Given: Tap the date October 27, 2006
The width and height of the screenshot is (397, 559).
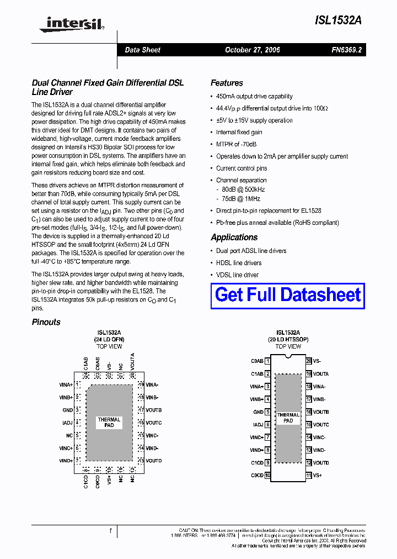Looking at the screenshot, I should (252, 50).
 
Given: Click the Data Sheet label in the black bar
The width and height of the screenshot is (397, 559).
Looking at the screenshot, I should (142, 50).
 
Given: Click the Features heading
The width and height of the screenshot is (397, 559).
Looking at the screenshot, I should (227, 83).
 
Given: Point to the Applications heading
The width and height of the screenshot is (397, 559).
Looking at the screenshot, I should (234, 237).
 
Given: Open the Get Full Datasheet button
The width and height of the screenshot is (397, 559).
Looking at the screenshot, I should (288, 295).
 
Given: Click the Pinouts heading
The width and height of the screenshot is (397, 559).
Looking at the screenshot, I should (46, 322).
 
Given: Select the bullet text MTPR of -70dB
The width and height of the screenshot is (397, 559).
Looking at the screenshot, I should (236, 144).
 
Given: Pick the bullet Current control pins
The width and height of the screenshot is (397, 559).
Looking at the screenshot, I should (242, 168).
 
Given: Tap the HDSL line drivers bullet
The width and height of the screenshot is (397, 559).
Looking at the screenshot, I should (239, 263).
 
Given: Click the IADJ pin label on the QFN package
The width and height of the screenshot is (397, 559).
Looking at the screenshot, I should (67, 423).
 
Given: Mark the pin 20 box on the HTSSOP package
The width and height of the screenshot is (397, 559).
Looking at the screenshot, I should (309, 361).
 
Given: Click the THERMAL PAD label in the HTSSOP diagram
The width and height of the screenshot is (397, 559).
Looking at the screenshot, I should (288, 418).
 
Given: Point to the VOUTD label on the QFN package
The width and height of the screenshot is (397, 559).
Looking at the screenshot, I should (154, 461).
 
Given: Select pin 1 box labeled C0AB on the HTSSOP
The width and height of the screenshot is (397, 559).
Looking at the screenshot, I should (267, 361).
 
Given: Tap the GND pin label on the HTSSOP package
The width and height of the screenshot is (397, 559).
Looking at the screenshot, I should (258, 412).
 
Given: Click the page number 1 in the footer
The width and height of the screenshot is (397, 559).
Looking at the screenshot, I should (111, 530).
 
